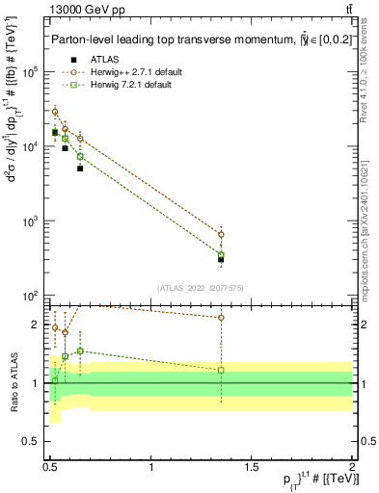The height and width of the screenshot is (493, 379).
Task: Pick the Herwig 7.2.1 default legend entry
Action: [x=124, y=85]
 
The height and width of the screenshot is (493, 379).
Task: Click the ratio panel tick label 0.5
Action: [x=35, y=442]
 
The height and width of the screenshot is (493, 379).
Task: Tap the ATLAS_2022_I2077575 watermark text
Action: [x=201, y=287]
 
